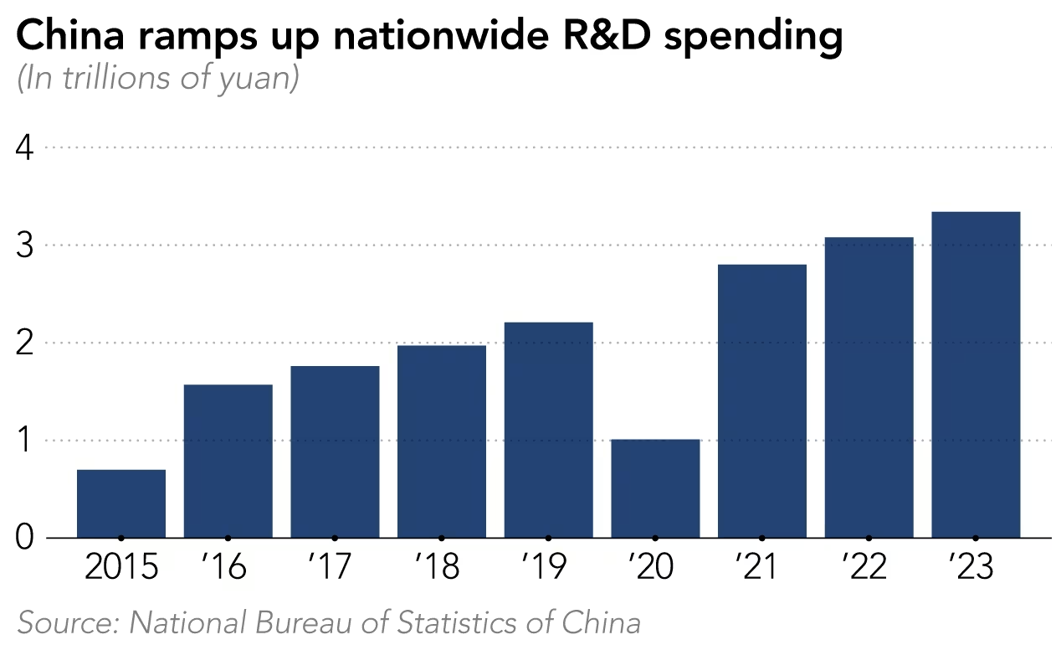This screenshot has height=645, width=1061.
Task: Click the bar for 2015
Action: tap(121, 503)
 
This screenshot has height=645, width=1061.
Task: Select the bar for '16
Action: tap(228, 461)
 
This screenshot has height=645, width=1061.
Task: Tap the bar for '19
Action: tap(548, 430)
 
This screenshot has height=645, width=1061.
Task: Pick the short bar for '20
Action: tap(655, 488)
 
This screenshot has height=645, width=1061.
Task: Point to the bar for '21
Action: tap(762, 400)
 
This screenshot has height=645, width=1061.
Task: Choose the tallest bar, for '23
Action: tap(976, 374)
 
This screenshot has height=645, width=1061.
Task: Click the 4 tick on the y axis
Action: tap(24, 148)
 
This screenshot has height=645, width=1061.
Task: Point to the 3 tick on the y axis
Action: tap(24, 245)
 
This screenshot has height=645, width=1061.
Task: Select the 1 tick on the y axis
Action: tap(24, 441)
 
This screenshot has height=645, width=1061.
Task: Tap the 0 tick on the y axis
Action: tap(24, 538)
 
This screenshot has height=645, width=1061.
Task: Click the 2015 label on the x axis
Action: tap(121, 569)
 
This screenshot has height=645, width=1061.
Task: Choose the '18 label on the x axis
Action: tap(441, 569)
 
